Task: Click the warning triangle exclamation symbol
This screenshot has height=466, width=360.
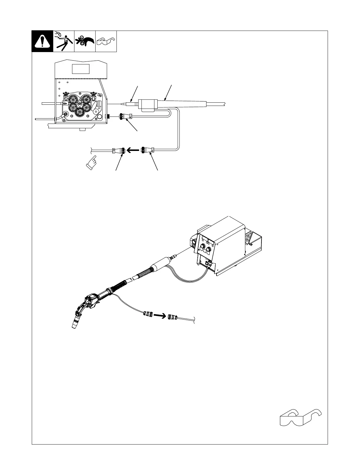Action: [x=42, y=41]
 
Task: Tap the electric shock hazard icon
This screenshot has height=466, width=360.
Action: [x=64, y=41]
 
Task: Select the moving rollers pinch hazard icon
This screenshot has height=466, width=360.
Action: [x=85, y=41]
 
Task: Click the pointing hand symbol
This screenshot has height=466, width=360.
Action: [x=91, y=162]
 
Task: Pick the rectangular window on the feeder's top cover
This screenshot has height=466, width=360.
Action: [x=81, y=69]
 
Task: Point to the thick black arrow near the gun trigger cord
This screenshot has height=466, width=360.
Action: [x=159, y=316]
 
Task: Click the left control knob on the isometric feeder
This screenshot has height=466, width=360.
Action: [x=203, y=247]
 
